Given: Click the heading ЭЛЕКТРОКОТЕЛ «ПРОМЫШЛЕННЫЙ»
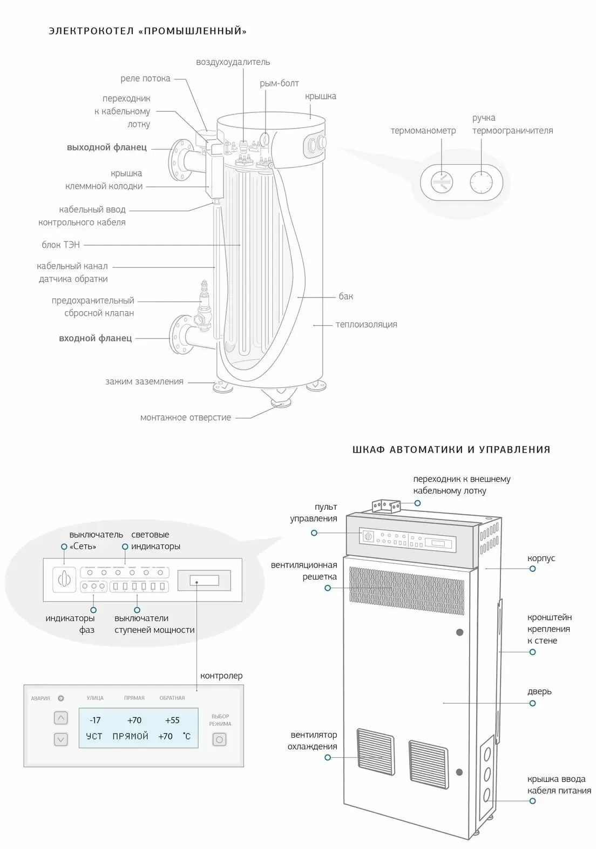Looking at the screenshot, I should coord(147,31).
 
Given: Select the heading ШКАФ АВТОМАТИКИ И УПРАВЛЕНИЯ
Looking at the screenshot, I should coord(451,449).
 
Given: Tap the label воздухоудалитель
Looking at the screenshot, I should coord(233,62).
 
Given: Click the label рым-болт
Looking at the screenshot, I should coord(279,83).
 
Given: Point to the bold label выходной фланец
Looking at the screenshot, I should coord(106,147).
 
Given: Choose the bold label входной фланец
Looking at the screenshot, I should coord(95,338).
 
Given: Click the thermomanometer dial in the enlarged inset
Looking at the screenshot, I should coord(442,182).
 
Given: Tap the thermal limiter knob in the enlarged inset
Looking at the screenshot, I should coord(480,182).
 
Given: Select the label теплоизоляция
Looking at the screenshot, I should coord(366,325).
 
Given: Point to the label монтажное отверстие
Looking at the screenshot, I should coord(185,417).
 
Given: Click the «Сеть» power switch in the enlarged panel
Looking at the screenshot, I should coord(64,579).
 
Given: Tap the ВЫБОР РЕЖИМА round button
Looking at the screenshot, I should coord(219,739).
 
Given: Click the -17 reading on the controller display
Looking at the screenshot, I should coord(95,720).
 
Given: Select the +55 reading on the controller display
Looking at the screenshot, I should coord(172,720).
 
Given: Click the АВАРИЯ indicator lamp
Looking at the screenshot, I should coord(61,698).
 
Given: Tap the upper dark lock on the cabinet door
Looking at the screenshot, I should coord(459,632).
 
